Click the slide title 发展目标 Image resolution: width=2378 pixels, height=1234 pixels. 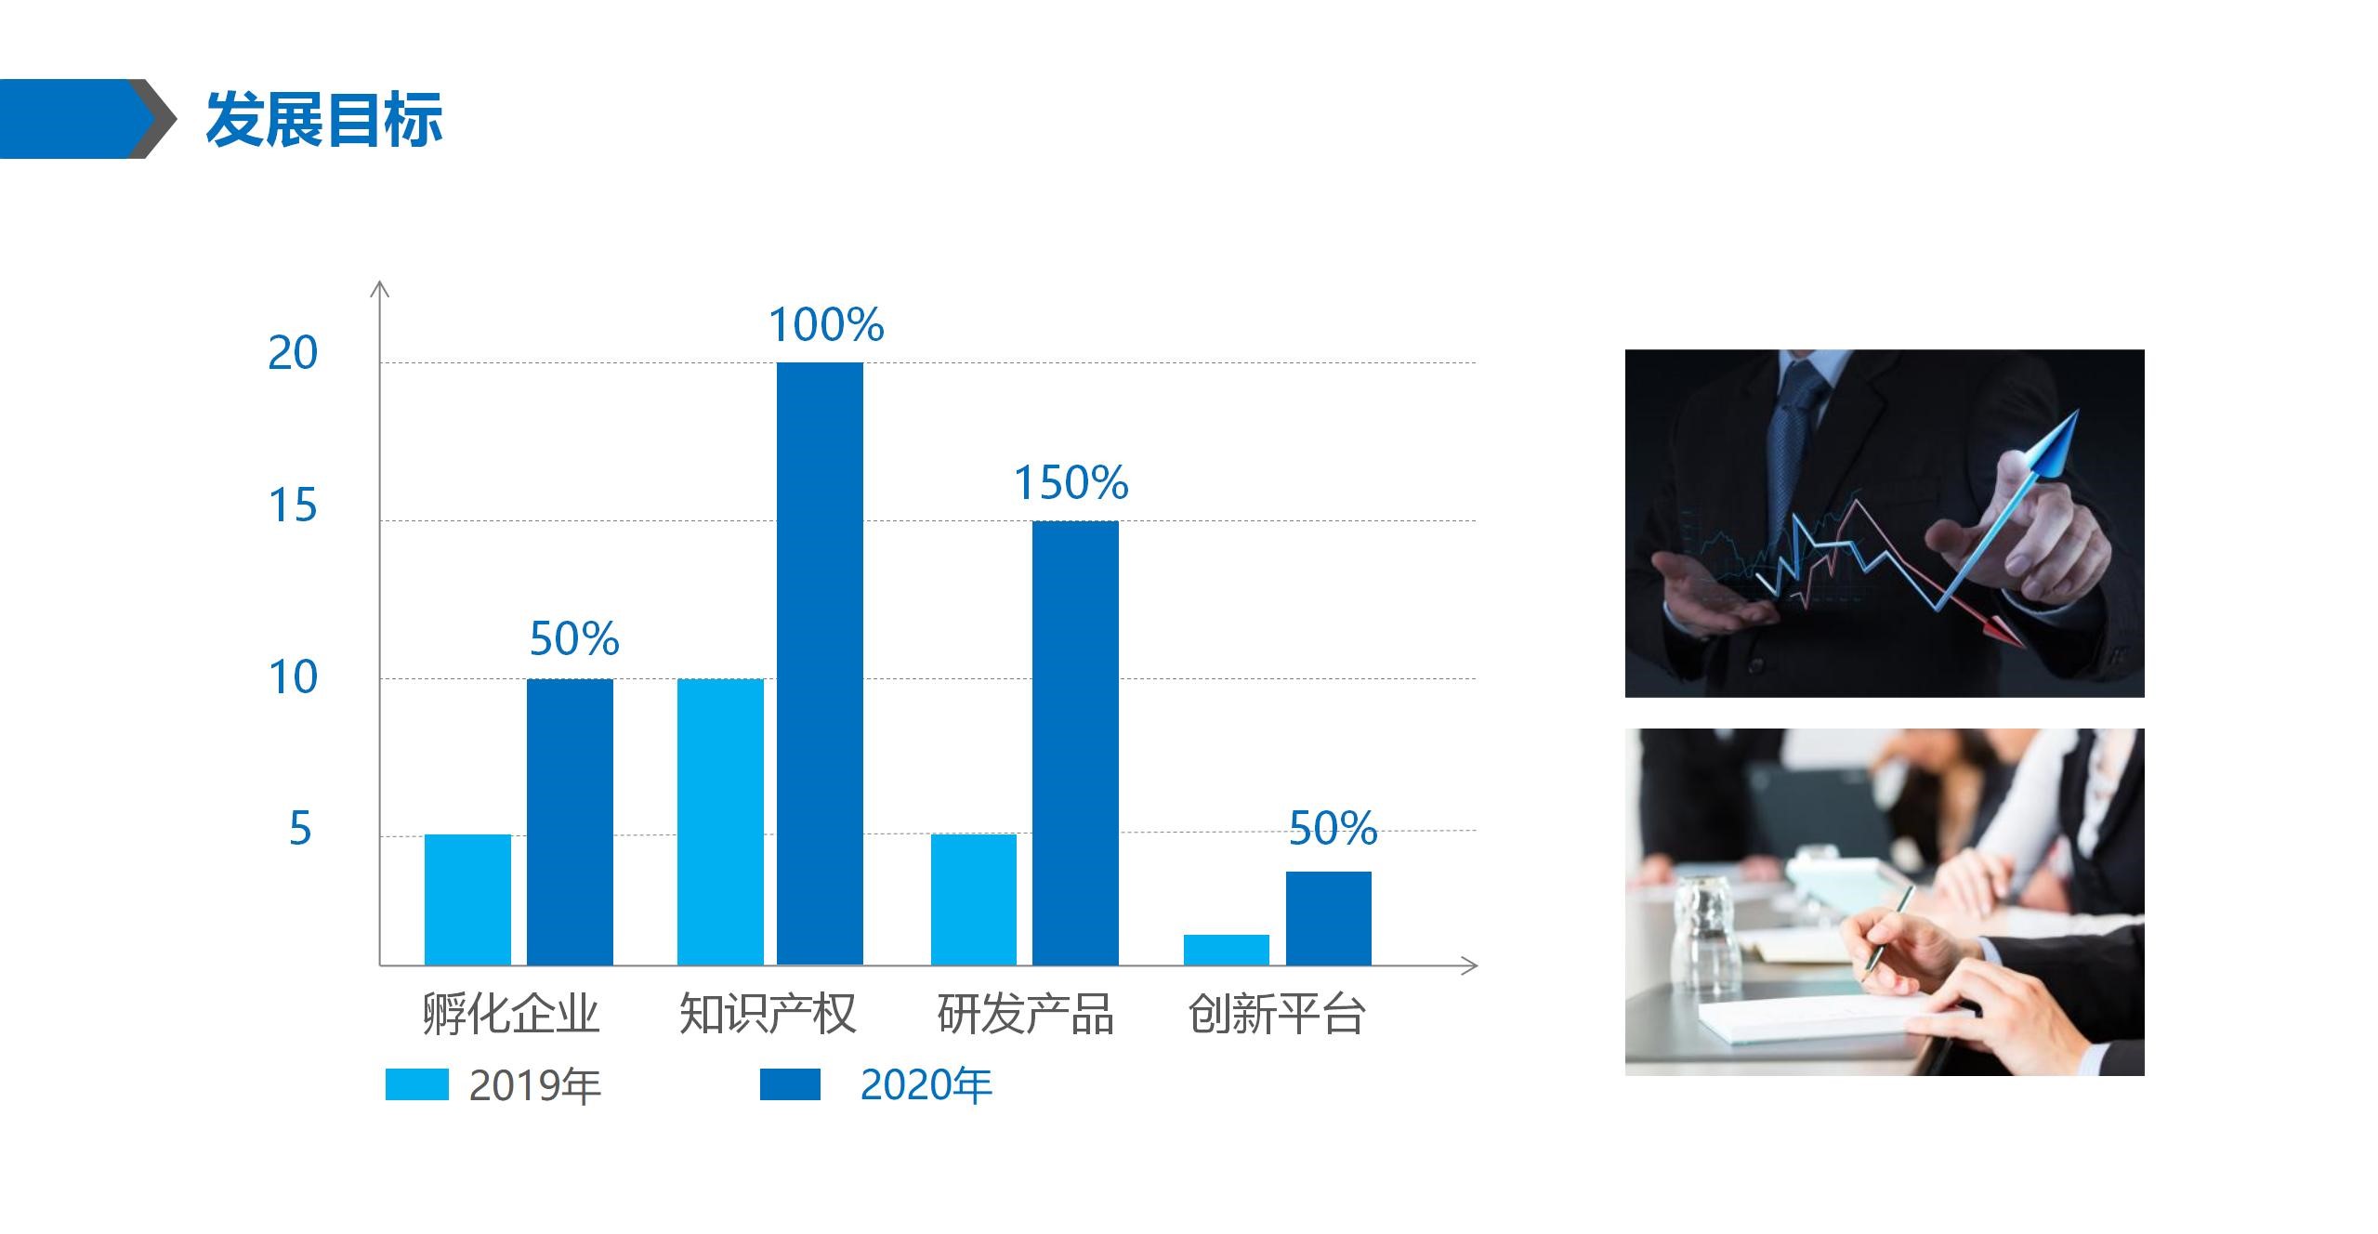[x=323, y=120]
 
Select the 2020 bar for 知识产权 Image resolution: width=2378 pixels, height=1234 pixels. [x=820, y=663]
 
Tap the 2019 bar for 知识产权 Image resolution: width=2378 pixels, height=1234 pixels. [x=720, y=822]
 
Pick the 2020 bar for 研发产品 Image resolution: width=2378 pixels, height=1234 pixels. [x=1075, y=743]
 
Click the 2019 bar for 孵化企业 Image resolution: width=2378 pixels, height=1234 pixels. [x=467, y=900]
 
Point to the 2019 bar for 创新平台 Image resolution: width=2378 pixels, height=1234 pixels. [x=1227, y=950]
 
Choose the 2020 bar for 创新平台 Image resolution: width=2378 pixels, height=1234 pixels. [x=1329, y=918]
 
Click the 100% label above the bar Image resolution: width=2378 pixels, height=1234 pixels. [x=826, y=325]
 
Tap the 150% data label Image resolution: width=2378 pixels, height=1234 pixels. [x=1071, y=483]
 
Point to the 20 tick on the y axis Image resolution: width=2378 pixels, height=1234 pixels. [x=293, y=353]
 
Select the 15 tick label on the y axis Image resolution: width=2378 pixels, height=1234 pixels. [x=293, y=506]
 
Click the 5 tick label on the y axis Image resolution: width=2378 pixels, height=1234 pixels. [x=300, y=829]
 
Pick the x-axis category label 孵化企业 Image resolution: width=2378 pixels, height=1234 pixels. [x=510, y=1014]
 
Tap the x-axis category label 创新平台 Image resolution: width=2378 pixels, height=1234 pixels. [x=1277, y=1014]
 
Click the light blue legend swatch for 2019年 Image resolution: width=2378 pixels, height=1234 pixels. [x=417, y=1084]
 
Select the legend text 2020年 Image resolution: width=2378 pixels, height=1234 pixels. [x=926, y=1085]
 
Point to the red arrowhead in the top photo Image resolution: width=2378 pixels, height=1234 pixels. [x=2004, y=632]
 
